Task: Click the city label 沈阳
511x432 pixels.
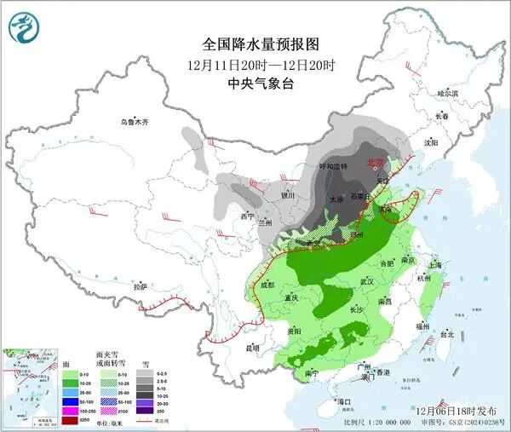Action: [437, 143]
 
